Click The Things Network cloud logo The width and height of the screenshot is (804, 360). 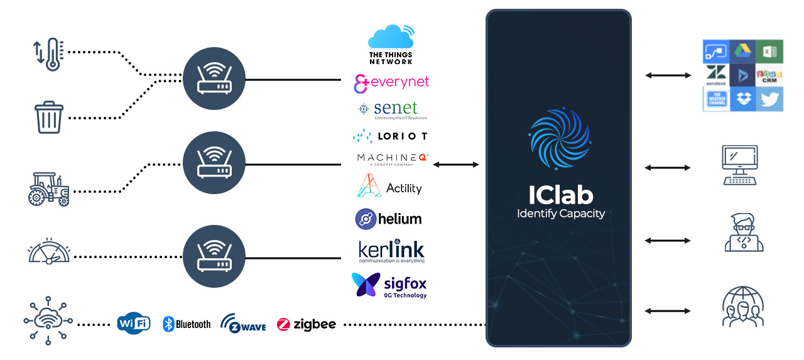point(391,44)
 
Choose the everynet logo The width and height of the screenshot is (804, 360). point(391,83)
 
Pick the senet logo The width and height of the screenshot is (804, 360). point(391,109)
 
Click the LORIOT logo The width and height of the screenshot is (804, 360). point(390,136)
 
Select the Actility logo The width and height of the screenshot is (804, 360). point(389,187)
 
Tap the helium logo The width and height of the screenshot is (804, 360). point(388,219)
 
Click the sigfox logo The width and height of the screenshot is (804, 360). point(389,286)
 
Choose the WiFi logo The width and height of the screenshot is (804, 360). point(134,324)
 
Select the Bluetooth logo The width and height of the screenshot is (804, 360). point(187,324)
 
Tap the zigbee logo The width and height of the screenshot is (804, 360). point(307,324)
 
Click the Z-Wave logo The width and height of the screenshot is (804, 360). point(243,324)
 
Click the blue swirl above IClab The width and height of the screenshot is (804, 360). point(559,139)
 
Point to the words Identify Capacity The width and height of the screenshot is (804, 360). point(560,214)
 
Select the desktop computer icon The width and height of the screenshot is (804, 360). point(740,165)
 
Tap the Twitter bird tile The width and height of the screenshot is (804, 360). point(769,99)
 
